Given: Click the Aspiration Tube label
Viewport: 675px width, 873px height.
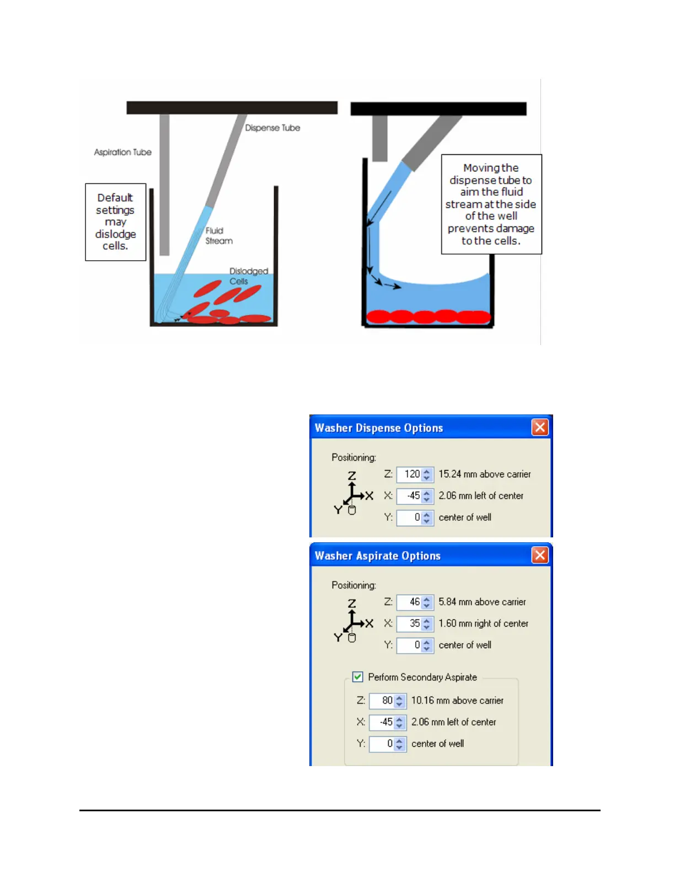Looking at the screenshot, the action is tap(122, 152).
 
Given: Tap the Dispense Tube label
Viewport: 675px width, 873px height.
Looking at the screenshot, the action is tap(272, 128).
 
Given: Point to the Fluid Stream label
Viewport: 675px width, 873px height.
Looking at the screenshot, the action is tap(219, 235).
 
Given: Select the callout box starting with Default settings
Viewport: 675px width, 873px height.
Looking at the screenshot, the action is tap(115, 222).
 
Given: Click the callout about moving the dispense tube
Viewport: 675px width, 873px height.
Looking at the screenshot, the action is tap(491, 204).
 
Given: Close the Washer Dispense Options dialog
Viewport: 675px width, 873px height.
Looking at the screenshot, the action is tap(540, 427).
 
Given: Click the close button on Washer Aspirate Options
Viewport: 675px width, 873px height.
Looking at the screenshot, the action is tap(540, 555).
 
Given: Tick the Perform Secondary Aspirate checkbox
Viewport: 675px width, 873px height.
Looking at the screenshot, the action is tap(358, 677).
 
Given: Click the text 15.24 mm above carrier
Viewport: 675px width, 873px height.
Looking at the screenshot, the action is tap(484, 474).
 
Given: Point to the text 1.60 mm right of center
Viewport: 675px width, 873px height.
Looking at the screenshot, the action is tap(483, 623).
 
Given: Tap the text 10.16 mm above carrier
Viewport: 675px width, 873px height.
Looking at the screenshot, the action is tap(457, 700).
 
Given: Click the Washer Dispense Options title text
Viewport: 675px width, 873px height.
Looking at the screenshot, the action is tap(379, 428).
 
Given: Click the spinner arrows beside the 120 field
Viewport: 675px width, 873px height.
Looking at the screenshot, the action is tap(427, 474).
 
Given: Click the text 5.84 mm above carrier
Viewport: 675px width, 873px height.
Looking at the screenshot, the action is tap(482, 602).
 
